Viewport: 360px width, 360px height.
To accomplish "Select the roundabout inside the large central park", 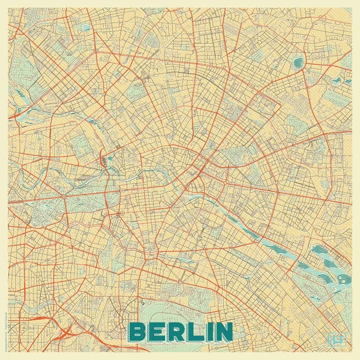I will [63, 196].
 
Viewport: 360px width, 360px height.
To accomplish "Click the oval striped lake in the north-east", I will [298, 62].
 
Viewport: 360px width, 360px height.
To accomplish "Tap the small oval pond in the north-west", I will [86, 28].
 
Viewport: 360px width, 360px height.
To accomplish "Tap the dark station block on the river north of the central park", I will [103, 160].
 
